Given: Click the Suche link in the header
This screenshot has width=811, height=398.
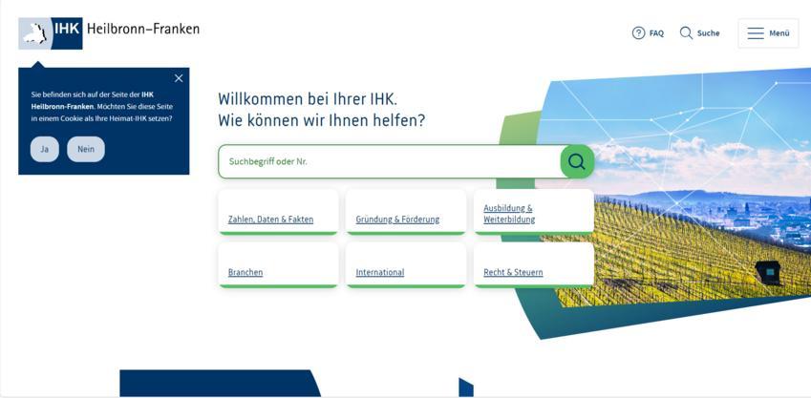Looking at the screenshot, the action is tap(699, 33).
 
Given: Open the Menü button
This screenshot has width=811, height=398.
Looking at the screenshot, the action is tap(768, 33).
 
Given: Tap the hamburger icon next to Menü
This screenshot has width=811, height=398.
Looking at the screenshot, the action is tap(756, 33).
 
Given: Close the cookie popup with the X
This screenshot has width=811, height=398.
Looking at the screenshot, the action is tap(179, 78).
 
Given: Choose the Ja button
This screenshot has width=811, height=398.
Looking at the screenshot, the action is tap(45, 149).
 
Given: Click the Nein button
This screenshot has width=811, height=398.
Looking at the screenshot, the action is tap(86, 149).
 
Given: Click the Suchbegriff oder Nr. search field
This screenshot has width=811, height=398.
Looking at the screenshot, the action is tap(389, 162).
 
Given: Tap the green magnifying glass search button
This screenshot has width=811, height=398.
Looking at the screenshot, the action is tap(577, 162).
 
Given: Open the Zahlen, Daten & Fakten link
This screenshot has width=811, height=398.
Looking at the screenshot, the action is tap(270, 220).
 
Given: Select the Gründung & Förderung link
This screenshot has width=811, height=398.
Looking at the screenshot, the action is tap(397, 220).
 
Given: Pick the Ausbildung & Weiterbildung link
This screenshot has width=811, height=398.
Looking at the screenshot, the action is tap(509, 214).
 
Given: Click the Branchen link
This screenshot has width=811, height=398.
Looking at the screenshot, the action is tap(245, 272).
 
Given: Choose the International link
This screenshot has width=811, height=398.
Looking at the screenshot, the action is tap(379, 272).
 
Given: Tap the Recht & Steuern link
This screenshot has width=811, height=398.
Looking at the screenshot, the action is tap(513, 272).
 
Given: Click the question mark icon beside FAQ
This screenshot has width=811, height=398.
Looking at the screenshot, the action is tap(638, 33).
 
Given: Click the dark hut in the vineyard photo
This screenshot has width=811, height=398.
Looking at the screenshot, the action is tap(768, 272).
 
